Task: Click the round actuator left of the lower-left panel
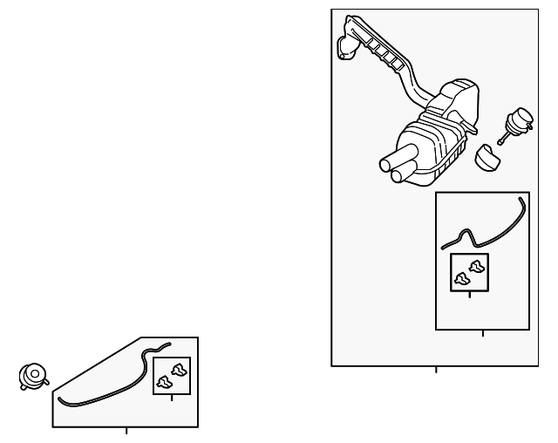point(32,375)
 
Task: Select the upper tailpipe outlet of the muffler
point(387,163)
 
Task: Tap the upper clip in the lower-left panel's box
point(179,368)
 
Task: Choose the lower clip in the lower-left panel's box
point(165,380)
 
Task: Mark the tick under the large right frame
point(436,369)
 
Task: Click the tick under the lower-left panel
point(126,430)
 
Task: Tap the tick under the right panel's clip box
point(470,295)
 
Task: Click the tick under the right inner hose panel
point(482,333)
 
